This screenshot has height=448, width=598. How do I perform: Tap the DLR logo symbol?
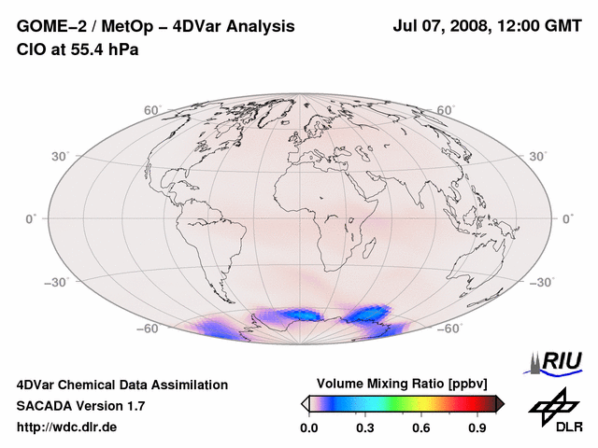click(x=553, y=407)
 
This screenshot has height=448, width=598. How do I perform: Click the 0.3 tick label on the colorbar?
click(x=365, y=428)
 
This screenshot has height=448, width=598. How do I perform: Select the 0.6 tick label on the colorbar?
click(x=422, y=428)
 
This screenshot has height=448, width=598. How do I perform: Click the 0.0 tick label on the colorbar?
click(x=308, y=428)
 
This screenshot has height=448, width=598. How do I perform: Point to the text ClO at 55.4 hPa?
click(x=78, y=49)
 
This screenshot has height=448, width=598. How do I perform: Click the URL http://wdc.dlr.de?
click(x=67, y=427)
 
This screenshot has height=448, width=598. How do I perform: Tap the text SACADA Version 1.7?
click(x=80, y=406)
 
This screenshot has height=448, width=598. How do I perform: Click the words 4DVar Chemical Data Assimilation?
click(x=121, y=385)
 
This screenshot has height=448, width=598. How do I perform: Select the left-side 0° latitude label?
click(x=32, y=218)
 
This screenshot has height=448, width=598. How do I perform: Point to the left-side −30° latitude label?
click(x=31, y=281)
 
